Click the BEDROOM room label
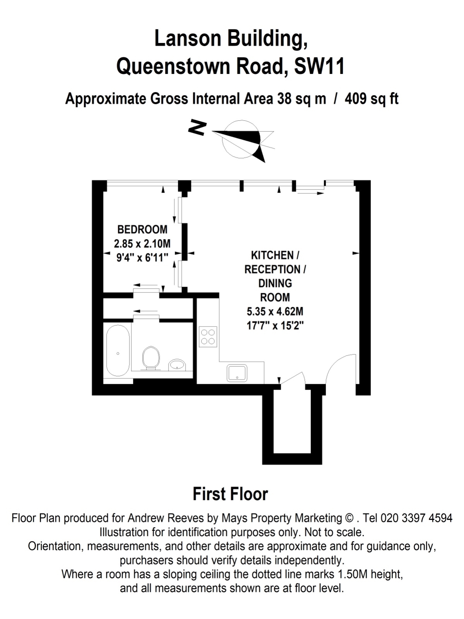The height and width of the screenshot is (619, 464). tap(142, 229)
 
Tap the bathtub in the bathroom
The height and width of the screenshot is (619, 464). tap(118, 351)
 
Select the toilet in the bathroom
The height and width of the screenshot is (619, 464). tap(151, 358)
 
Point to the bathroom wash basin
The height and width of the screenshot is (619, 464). tap(177, 365)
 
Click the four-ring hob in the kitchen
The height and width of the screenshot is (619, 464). tap(208, 337)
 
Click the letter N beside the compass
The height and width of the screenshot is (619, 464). tap(197, 128)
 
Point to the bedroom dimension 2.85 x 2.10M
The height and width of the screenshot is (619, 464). tap(142, 244)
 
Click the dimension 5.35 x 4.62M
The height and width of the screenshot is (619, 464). tap(275, 311)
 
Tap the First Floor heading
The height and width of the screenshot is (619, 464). tap(230, 494)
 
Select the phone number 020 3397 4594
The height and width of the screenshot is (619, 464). tap(417, 518)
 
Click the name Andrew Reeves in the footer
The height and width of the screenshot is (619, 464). tap(165, 518)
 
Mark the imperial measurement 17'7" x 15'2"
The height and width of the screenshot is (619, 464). tap(275, 326)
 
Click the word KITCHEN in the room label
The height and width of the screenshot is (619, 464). tap(272, 255)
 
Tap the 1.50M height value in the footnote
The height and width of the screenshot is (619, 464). tap(351, 574)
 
